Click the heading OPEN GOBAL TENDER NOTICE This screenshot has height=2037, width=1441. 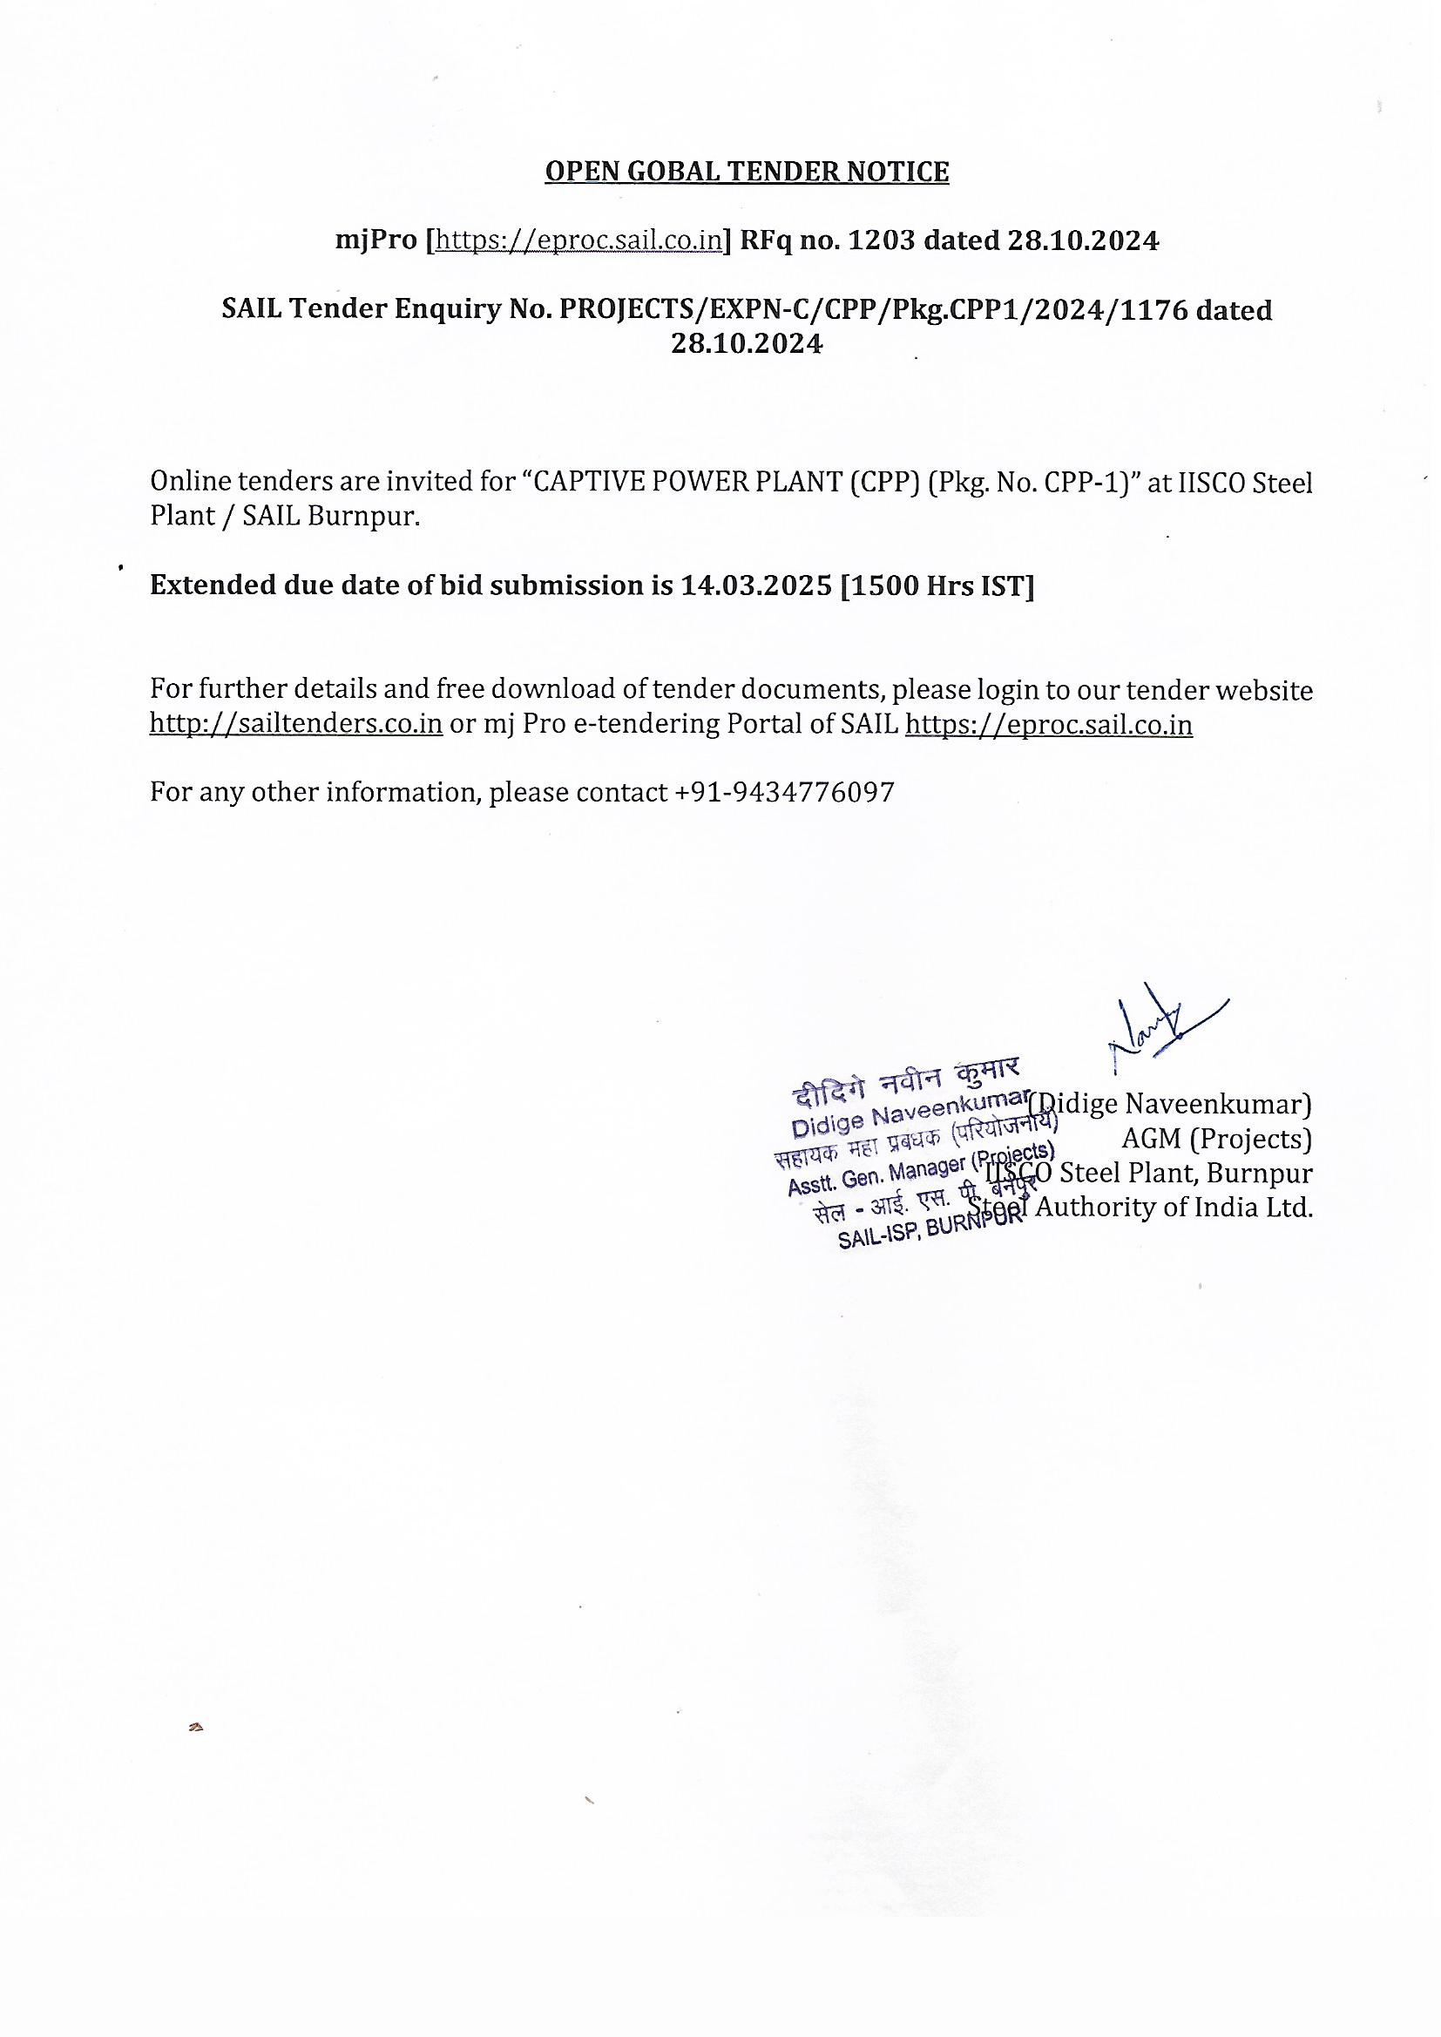tap(747, 172)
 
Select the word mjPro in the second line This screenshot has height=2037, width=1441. tap(375, 240)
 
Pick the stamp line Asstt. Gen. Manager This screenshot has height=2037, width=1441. tap(919, 1171)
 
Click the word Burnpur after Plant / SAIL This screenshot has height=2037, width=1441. tap(363, 517)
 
